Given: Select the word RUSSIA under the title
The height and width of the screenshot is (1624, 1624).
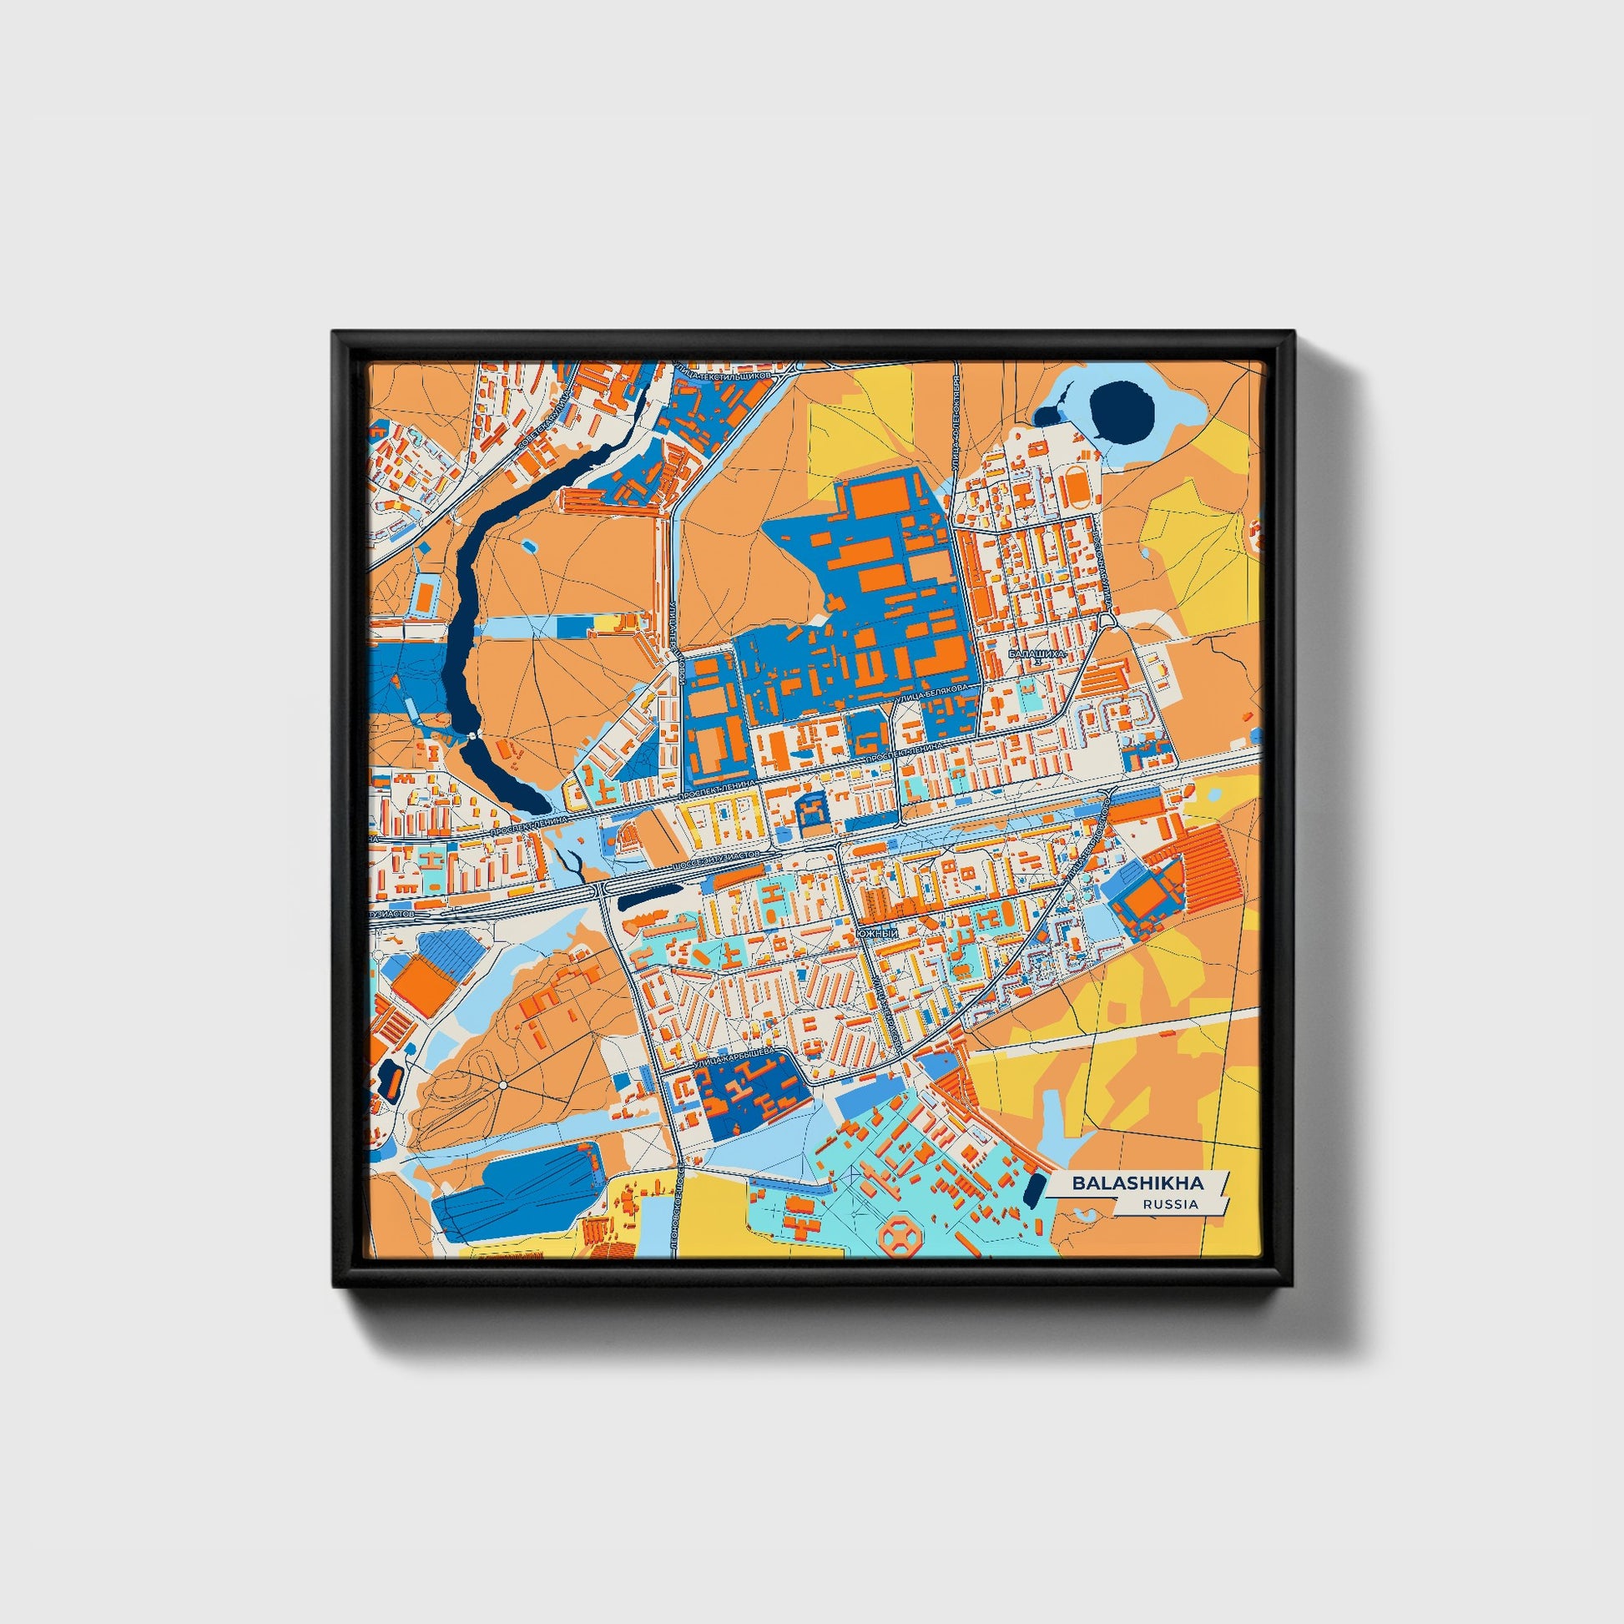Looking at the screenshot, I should (x=1170, y=1204).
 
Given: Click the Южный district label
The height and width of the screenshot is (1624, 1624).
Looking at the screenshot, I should (x=878, y=934).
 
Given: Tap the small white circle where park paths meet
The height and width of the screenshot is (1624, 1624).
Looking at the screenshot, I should (x=502, y=1086).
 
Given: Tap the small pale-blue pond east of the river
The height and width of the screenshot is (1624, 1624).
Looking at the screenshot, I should (x=528, y=547).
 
